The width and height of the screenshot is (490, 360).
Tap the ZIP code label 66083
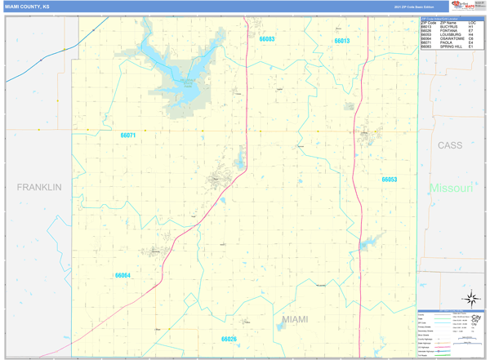(x=267, y=39)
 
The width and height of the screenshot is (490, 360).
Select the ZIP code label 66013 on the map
(x=341, y=41)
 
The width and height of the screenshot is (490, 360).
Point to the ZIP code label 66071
(x=127, y=136)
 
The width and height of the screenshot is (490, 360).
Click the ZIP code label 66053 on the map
(x=389, y=180)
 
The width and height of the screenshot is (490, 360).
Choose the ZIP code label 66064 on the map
(x=122, y=276)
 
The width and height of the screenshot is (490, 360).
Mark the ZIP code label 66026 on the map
(x=229, y=339)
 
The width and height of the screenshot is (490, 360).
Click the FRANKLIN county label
(x=39, y=187)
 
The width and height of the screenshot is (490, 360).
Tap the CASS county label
(x=449, y=145)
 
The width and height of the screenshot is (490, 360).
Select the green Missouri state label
(x=452, y=189)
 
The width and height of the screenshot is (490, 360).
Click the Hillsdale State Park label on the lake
(x=189, y=81)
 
